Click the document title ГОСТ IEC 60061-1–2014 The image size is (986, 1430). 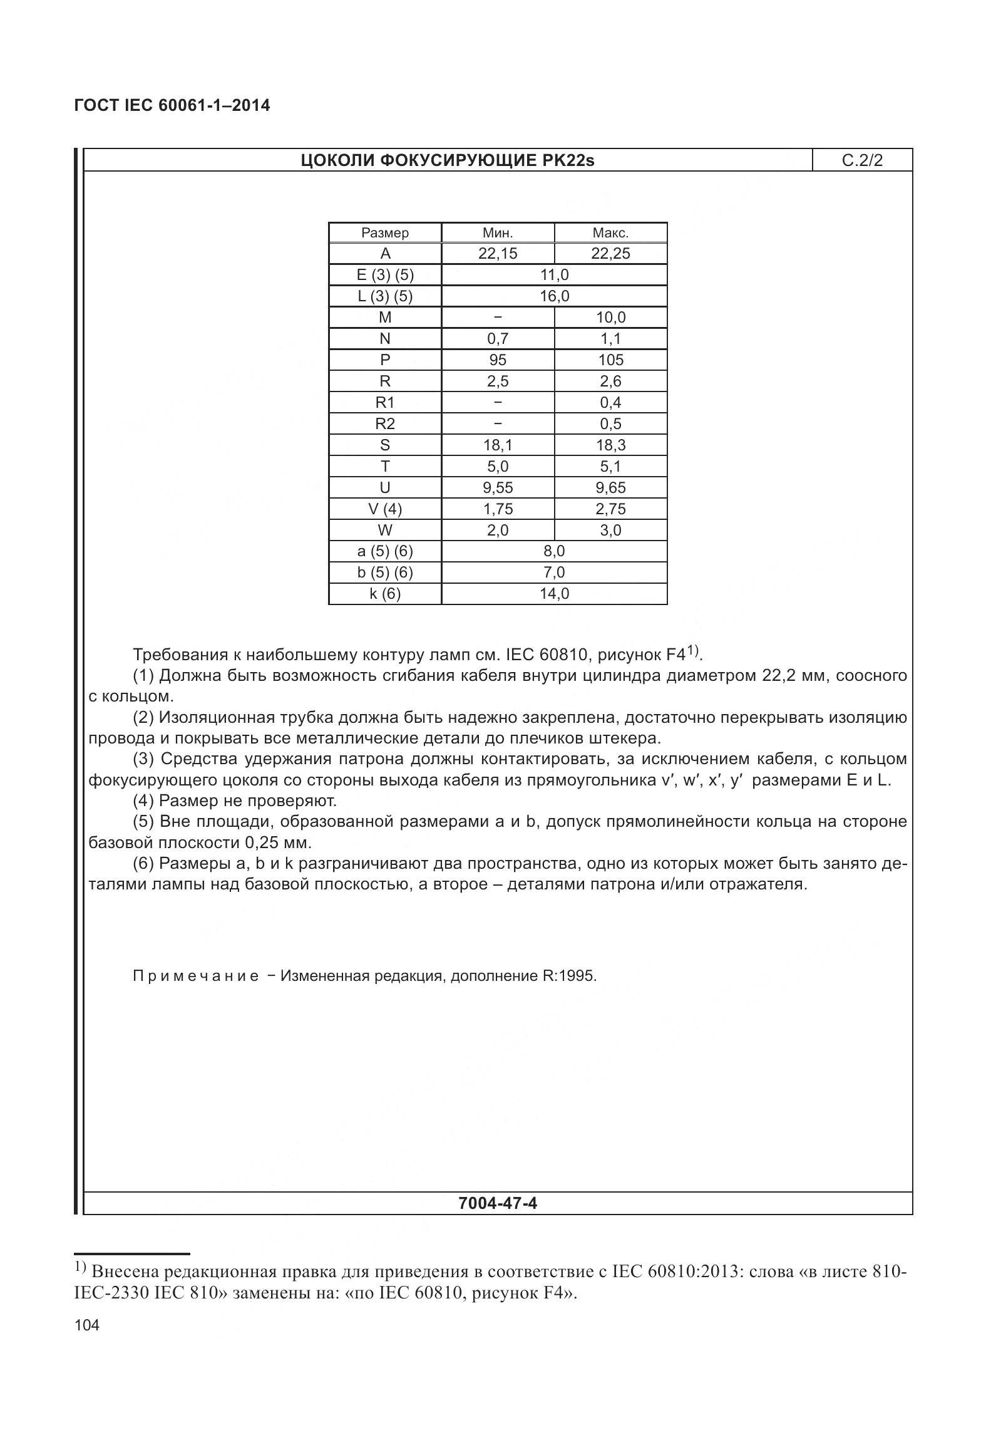pos(172,105)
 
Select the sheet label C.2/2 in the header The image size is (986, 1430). pos(862,160)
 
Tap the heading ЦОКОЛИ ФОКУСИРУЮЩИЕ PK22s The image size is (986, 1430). pos(448,160)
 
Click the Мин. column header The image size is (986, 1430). pos(498,233)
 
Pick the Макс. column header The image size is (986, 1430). pos(610,233)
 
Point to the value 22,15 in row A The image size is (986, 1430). pos(498,254)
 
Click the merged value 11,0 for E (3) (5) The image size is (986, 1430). pos(554,275)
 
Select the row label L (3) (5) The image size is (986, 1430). pos(385,296)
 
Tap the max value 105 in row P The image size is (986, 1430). pos(610,360)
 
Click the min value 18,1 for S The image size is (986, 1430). pos(498,445)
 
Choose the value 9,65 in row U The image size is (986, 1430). pos(610,488)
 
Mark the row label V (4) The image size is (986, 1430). pos(385,509)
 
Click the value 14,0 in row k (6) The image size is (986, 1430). pos(554,594)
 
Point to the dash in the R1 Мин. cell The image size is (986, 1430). pos(498,403)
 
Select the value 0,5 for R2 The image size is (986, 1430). pos(610,424)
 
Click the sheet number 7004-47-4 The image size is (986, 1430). pos(498,1203)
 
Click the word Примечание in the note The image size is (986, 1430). pos(196,976)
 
